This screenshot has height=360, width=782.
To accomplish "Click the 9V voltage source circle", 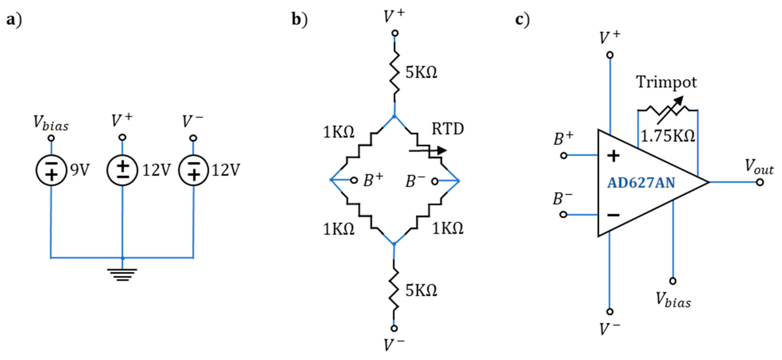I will [x=51, y=170].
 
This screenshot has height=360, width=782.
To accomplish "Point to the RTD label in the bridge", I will [x=448, y=129].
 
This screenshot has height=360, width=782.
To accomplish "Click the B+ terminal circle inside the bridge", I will [x=354, y=180].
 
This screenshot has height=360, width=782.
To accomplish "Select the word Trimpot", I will [x=666, y=82].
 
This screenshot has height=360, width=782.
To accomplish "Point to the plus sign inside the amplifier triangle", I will [x=613, y=156].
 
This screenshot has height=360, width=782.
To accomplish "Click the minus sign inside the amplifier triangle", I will [x=613, y=215].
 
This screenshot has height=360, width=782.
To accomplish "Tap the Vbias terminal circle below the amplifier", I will [x=673, y=281].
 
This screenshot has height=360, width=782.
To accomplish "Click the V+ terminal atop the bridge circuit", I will [x=395, y=33].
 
